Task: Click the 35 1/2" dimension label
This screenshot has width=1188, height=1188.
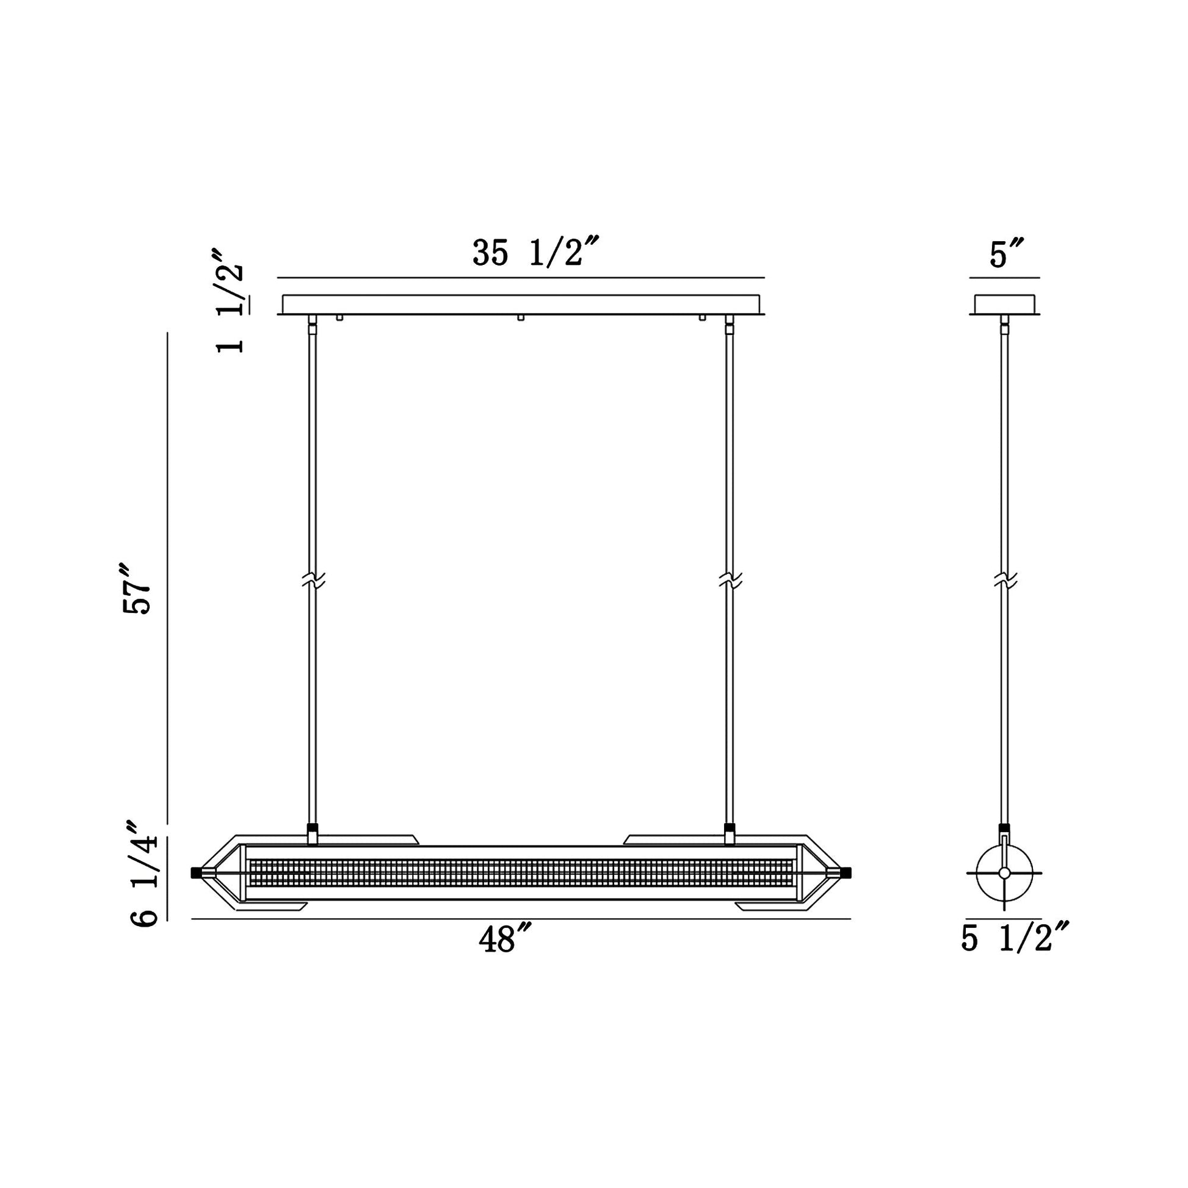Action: (535, 252)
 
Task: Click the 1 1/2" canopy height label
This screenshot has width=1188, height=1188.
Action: (229, 301)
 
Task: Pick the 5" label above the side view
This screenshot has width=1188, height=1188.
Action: (1007, 253)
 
